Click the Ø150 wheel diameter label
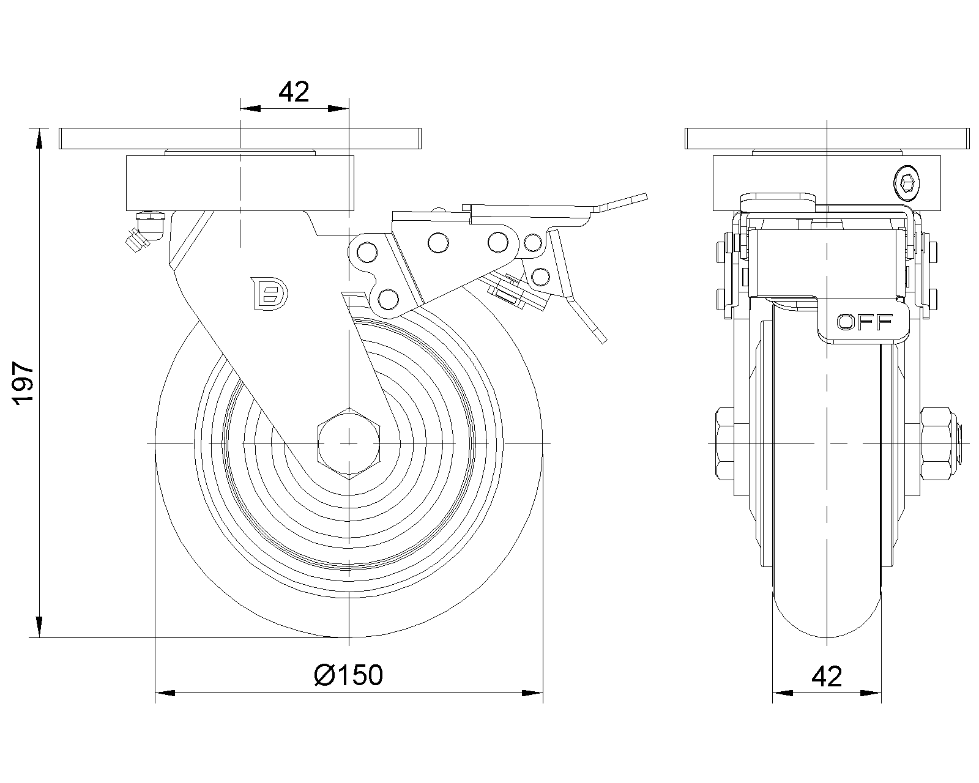[x=349, y=675]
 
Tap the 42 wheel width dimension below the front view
[x=827, y=677]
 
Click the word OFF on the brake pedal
[x=865, y=322]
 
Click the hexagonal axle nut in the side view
[x=349, y=443]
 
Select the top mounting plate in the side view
[x=240, y=138]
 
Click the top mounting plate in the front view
[x=827, y=138]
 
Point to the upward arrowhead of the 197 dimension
[x=39, y=138]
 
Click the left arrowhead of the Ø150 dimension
[x=165, y=693]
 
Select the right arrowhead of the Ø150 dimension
[x=532, y=693]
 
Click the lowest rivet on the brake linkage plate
[x=388, y=299]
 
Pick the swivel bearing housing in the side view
[x=240, y=183]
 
